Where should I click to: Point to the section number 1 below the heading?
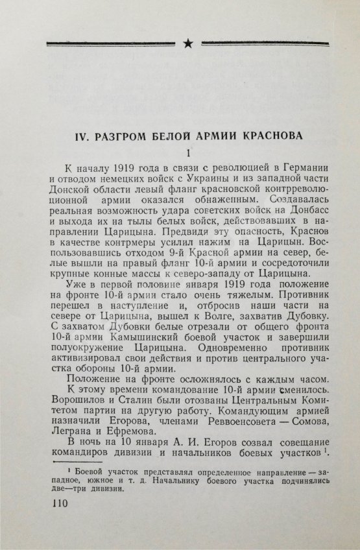(187, 154)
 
